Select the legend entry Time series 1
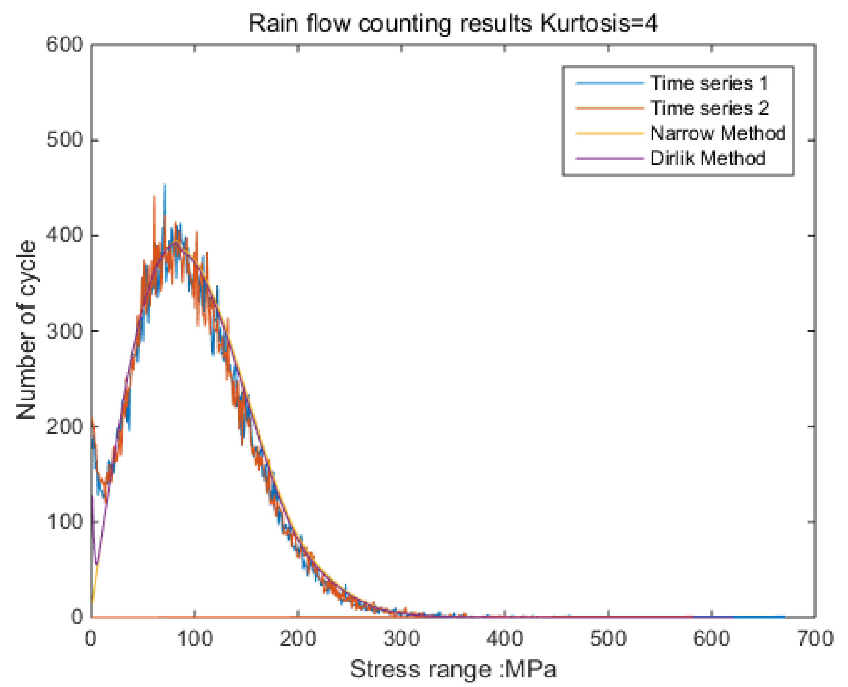(709, 83)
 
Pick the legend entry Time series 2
(709, 108)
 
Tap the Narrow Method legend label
(717, 133)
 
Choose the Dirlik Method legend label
(707, 158)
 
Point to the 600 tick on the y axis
(65, 44)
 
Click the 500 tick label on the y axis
(65, 140)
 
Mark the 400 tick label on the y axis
(65, 235)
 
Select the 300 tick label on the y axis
(65, 330)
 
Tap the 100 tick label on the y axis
(65, 521)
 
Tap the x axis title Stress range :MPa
(453, 669)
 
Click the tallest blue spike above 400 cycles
(165, 186)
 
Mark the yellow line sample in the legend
(609, 133)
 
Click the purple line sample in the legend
(609, 158)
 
